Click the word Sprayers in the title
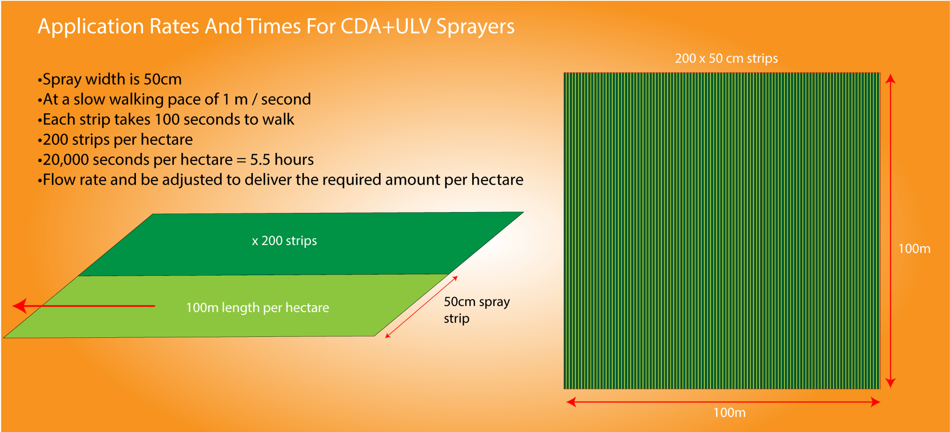coord(475,26)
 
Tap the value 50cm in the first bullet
coord(162,79)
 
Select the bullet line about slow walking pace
coord(176,99)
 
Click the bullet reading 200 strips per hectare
coord(117,140)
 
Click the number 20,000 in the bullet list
coord(65,160)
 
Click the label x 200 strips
coord(284,241)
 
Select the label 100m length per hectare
coord(257,308)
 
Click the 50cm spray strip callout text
coord(476,310)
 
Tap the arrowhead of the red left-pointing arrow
coord(19,306)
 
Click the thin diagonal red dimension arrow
coord(421,307)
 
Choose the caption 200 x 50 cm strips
coord(726,58)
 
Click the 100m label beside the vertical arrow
coord(914,249)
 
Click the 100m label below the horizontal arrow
coord(729,413)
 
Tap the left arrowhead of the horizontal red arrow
coord(571,402)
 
